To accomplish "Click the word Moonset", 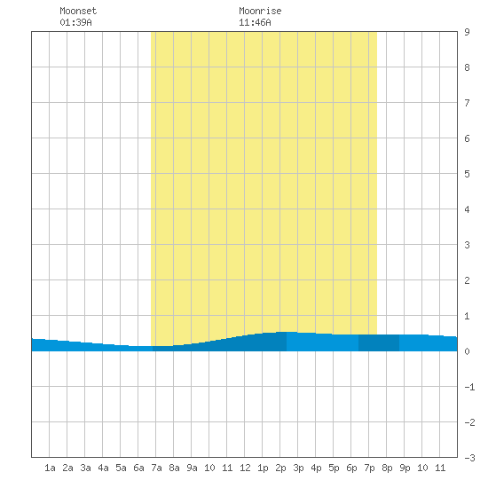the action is tap(78, 11).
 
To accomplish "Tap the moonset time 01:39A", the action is tap(75, 22).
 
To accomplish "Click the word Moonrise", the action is tap(260, 11).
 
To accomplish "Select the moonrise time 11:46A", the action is tap(255, 22).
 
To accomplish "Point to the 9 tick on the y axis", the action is tap(467, 32).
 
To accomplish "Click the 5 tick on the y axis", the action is tap(467, 174).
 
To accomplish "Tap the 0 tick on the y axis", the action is tap(467, 351).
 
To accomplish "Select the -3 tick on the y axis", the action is tap(469, 458).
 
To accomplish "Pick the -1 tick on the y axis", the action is tap(469, 387).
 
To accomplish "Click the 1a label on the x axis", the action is tap(50, 468).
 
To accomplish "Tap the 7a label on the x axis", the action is tap(156, 468).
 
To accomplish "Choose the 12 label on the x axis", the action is tap(245, 468).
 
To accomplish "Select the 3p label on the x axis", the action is tap(298, 468).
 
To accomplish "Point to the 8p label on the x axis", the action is tap(387, 468).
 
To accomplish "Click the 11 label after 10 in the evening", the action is tap(440, 468).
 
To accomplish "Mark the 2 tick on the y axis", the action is tap(467, 280).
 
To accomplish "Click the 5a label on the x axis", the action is tap(121, 468).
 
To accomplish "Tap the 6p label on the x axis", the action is tap(351, 468).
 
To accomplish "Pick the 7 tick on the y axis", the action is tap(467, 103).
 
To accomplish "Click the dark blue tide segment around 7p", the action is tap(379, 343).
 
